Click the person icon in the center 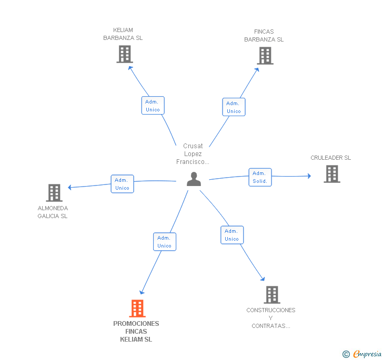(x=194, y=179)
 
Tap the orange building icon (x=137, y=308)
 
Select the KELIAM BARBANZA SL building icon (x=125, y=54)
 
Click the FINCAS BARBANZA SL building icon (x=265, y=56)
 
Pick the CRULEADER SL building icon (x=332, y=174)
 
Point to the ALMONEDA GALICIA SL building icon (x=54, y=193)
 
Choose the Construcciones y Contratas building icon (x=272, y=295)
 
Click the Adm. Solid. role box (x=260, y=177)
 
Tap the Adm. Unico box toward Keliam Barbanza (x=153, y=106)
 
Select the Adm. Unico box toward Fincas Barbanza (x=234, y=107)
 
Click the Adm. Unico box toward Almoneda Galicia (x=123, y=184)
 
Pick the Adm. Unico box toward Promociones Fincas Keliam (x=165, y=242)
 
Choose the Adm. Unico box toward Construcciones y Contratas (x=232, y=235)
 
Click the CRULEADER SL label (x=330, y=158)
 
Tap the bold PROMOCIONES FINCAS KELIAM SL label (x=136, y=331)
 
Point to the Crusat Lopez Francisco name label (x=193, y=154)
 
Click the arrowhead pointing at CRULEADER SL (x=309, y=176)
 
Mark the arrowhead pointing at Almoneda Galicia (x=69, y=187)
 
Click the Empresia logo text (x=367, y=354)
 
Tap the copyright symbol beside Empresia (x=346, y=354)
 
